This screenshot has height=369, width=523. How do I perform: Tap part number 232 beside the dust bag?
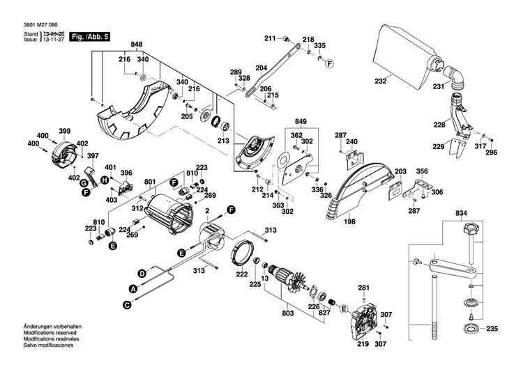click(380, 81)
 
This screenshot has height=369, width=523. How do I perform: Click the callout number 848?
click(137, 45)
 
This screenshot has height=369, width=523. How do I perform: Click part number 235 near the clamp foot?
click(492, 329)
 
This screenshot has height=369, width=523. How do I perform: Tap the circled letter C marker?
click(127, 304)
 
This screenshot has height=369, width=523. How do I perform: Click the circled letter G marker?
click(84, 183)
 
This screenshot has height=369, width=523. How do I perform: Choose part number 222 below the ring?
click(242, 275)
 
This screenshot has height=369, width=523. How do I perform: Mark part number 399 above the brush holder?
click(65, 131)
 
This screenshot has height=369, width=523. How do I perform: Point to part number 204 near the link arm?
click(261, 68)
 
